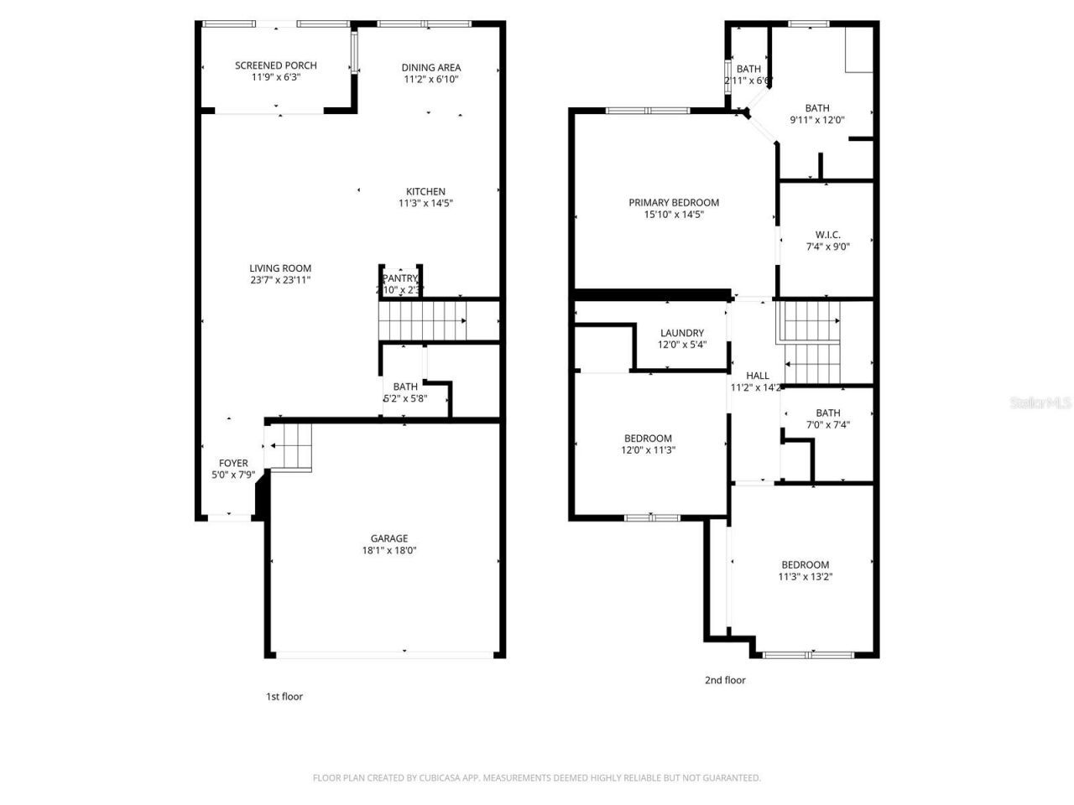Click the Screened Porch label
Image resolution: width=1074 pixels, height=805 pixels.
click(275, 65)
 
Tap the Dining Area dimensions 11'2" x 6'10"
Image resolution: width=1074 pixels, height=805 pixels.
click(430, 80)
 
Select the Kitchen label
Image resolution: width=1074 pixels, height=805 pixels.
click(425, 191)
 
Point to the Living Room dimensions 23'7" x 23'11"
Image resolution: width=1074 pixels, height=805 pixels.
click(280, 281)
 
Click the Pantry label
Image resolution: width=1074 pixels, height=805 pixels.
click(399, 278)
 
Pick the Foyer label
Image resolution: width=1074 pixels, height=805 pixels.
click(233, 463)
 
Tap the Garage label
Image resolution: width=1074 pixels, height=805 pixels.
click(389, 538)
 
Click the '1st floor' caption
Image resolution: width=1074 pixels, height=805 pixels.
click(284, 697)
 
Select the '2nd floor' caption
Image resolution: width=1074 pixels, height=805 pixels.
click(725, 680)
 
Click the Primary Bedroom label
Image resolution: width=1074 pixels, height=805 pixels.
click(674, 202)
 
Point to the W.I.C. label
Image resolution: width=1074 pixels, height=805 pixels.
click(827, 235)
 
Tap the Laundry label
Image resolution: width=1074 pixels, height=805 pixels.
click(681, 333)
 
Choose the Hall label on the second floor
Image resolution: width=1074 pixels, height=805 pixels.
click(757, 376)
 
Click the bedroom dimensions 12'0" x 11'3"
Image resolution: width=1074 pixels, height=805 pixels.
click(648, 450)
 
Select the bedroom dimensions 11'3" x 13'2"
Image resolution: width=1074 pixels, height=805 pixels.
click(805, 577)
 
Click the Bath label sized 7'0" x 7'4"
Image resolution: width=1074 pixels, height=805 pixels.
click(827, 413)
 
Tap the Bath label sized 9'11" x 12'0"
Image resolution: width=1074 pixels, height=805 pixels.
click(816, 108)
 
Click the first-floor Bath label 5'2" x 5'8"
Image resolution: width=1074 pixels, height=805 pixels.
click(405, 387)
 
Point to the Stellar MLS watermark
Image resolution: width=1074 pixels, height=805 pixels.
click(1040, 403)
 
